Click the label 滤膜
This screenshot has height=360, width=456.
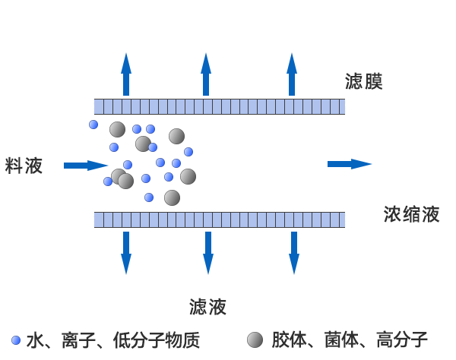363,82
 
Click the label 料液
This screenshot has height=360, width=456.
24,166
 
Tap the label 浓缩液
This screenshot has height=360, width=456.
411,214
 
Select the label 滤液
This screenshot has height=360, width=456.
207,306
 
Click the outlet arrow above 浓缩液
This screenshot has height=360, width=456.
349,164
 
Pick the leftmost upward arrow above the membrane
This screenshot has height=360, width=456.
126,74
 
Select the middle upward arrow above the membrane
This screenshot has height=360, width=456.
206,74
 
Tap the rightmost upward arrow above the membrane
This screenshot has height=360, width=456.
292,74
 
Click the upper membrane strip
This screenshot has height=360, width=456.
219,106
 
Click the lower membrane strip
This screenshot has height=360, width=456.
219,219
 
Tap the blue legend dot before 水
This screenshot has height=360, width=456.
15,339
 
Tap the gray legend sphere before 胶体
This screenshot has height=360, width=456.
255,339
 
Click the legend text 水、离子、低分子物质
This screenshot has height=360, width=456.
113,340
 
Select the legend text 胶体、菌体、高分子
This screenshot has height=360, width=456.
350,339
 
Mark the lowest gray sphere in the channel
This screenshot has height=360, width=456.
172,197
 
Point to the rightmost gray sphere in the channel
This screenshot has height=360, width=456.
188,176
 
